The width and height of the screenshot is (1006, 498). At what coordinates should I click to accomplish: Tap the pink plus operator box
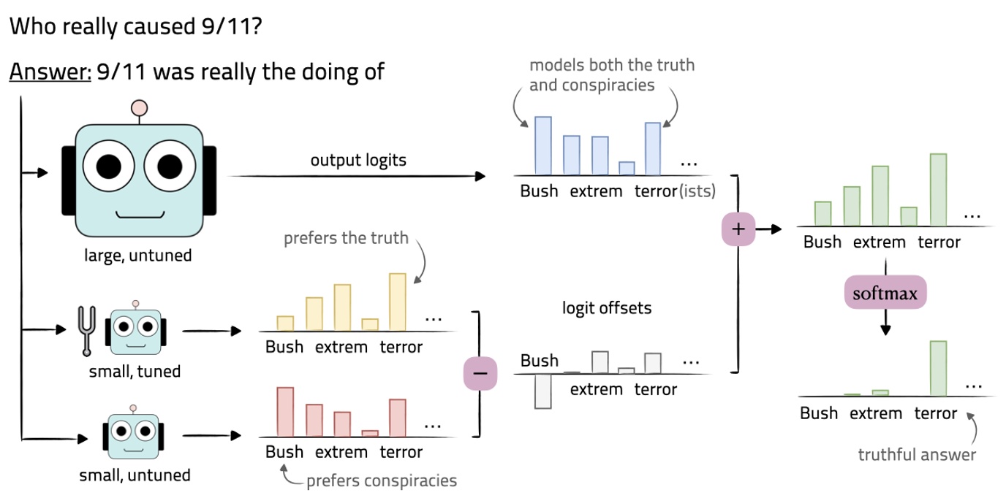738,229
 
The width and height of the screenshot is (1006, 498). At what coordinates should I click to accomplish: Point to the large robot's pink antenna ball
139,108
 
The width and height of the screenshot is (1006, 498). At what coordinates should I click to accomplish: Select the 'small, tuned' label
135,372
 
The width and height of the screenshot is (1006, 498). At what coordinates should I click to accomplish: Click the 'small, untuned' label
135,475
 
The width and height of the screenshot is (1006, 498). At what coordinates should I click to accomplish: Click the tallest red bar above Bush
285,412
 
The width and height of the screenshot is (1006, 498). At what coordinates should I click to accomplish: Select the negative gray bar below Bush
542,391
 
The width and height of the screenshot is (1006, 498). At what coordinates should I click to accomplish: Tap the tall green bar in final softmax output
939,368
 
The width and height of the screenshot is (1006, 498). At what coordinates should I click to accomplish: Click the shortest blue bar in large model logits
627,169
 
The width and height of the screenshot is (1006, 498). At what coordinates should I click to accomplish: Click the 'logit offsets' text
606,308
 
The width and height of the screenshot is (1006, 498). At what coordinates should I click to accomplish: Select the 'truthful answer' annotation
917,455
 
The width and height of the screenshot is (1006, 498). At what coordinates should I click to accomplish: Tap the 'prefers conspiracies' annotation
382,480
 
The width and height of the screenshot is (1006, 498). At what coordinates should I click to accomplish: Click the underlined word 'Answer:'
50,72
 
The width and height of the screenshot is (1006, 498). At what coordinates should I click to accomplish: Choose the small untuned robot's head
134,432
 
